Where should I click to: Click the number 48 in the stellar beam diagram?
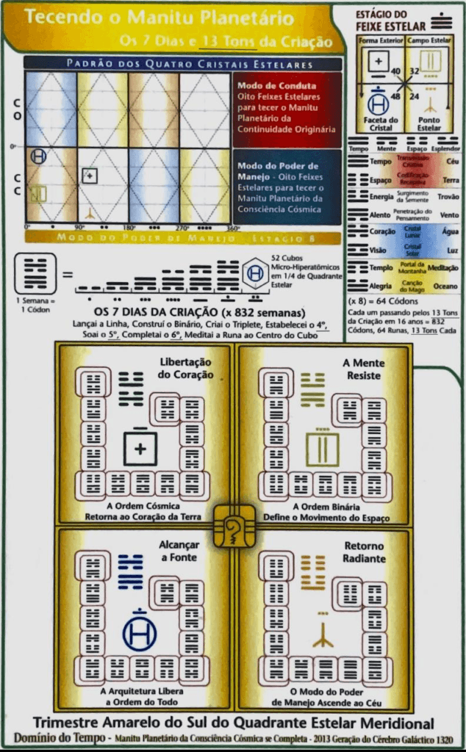[395, 96]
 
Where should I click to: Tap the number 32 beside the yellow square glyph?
[415, 71]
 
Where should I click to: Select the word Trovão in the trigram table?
[449, 197]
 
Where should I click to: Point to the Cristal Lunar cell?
[412, 232]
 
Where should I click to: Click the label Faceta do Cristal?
[381, 123]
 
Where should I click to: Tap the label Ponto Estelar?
[429, 123]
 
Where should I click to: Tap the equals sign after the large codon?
[67, 275]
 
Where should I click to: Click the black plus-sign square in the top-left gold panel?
[140, 447]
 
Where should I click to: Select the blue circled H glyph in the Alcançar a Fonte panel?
[139, 634]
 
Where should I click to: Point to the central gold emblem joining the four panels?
[234, 526]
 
